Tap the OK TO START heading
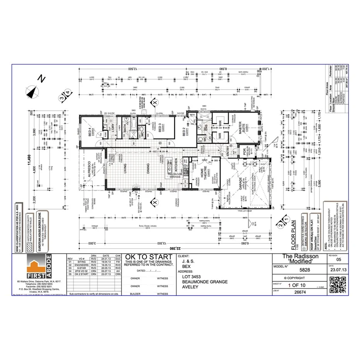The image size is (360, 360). click(x=149, y=257)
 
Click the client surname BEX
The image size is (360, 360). click(x=187, y=266)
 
